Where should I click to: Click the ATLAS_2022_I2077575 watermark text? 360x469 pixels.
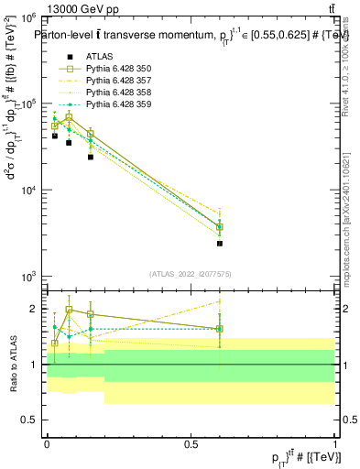[191, 274]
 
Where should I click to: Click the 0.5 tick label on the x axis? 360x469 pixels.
[191, 442]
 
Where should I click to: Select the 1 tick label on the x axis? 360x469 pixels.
[335, 442]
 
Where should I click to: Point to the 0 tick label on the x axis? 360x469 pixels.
[47, 442]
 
